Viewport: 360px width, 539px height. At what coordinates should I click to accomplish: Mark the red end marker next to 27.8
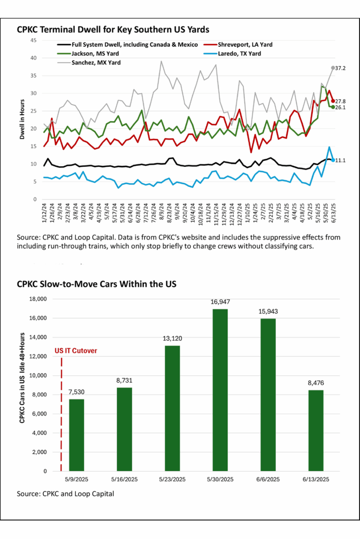[x=333, y=101]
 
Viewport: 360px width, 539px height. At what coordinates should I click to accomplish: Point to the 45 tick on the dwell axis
[x=33, y=40]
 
